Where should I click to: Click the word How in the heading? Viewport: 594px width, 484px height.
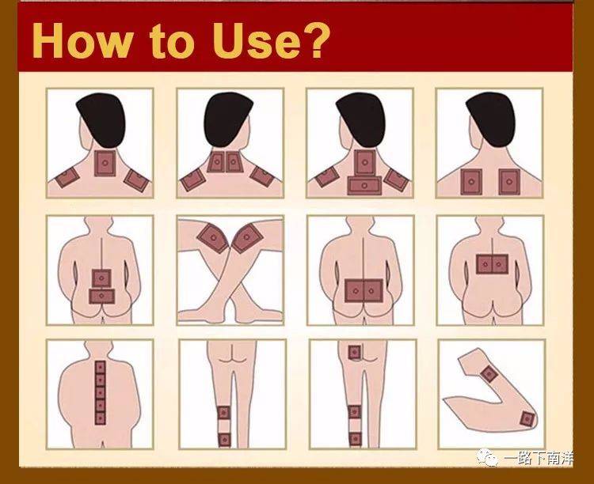[83, 40]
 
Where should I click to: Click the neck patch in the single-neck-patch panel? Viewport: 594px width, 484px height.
[105, 163]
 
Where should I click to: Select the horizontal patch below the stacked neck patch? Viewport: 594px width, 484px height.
[364, 185]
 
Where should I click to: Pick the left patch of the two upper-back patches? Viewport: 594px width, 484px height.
[471, 182]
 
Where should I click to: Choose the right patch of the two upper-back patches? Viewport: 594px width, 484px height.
[509, 182]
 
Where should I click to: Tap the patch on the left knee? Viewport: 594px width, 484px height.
[213, 238]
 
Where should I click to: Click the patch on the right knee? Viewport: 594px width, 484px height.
[247, 238]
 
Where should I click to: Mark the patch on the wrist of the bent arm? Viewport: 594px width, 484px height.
[489, 374]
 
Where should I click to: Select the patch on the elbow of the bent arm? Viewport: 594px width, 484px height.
[527, 418]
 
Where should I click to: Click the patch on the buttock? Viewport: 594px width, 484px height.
[355, 353]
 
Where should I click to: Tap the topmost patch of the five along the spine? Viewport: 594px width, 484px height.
[101, 367]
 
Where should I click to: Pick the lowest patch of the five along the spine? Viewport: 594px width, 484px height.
[101, 418]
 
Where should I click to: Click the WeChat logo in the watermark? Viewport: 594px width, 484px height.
[487, 457]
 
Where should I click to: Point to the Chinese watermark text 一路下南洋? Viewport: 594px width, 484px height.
[538, 458]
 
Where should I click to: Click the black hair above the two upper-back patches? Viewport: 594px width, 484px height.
[491, 118]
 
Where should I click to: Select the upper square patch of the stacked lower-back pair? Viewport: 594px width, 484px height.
[101, 278]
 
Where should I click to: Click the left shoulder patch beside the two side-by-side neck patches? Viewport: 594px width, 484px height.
[192, 180]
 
